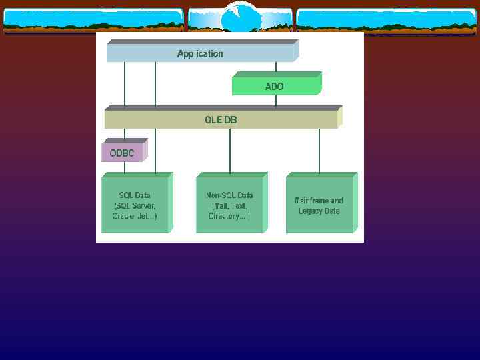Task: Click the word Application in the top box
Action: coord(200,54)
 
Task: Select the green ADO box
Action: coord(275,86)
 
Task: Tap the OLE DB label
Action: coord(221,120)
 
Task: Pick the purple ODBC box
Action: coord(122,153)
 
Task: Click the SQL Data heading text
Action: coord(135,195)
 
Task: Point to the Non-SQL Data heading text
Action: coord(229,195)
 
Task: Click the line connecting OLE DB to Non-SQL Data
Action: coord(230,151)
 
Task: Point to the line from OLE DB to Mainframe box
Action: coord(319,151)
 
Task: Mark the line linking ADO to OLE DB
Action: coord(275,101)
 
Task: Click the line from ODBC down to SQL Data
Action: coord(125,168)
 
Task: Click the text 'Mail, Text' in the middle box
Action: coord(229,206)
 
